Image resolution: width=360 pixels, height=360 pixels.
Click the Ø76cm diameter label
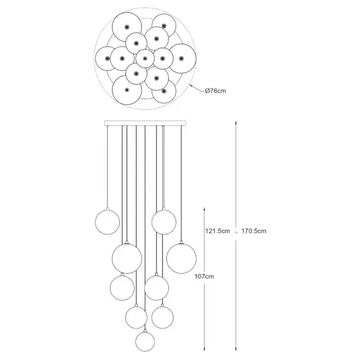(215, 91)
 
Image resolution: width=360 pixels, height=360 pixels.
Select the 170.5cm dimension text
(254, 231)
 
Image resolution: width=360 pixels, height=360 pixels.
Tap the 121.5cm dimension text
(217, 231)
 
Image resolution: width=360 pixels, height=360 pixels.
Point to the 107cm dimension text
(204, 277)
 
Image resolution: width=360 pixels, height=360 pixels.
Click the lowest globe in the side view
(145, 342)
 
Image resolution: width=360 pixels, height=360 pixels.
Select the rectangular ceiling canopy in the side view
(145, 123)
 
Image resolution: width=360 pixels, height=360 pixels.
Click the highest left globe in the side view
(107, 222)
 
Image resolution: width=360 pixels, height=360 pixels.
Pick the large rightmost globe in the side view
(181, 258)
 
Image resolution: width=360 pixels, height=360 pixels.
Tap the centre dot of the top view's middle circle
(145, 59)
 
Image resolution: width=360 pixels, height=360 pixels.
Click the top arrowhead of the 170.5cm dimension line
(236, 123)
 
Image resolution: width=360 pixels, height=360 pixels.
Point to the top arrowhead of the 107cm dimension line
(204, 210)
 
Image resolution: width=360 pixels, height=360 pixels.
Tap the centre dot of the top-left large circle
(127, 27)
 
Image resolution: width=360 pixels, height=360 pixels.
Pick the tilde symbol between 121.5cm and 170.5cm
(236, 231)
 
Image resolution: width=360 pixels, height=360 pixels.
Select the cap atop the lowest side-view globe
(145, 330)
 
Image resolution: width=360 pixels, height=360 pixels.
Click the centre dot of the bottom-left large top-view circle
(127, 90)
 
